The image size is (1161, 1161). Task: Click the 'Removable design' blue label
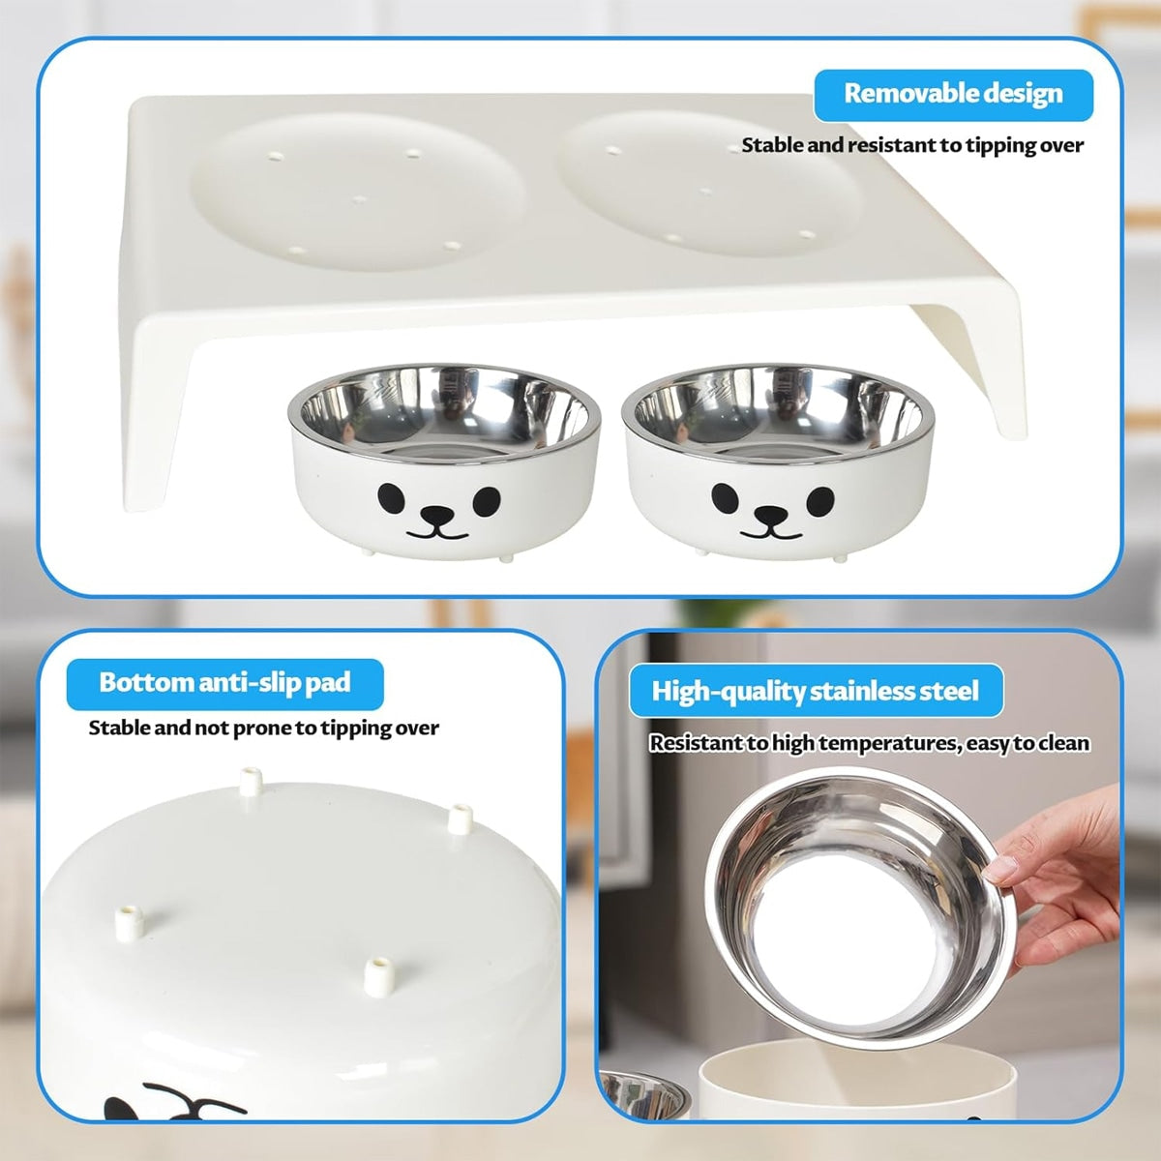[x=953, y=95]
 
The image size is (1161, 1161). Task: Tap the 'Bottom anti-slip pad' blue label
[x=224, y=684]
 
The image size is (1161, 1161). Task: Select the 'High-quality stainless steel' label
[x=816, y=691]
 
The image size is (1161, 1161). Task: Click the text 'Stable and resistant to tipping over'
[x=912, y=146]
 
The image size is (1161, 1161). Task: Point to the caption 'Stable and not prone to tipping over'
[x=263, y=729]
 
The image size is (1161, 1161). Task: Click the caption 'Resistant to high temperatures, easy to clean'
[x=870, y=743]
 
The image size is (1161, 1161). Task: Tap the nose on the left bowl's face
[x=436, y=514]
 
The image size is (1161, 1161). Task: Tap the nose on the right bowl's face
[x=770, y=514]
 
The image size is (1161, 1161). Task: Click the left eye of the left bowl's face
[x=391, y=499]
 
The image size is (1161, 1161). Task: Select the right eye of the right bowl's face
[x=820, y=501]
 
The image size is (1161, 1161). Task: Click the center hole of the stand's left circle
[x=360, y=199]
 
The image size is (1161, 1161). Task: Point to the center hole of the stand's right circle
[x=705, y=193]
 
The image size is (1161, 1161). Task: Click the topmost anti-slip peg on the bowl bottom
[x=251, y=781]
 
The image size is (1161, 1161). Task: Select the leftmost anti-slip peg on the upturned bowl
[x=130, y=922]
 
